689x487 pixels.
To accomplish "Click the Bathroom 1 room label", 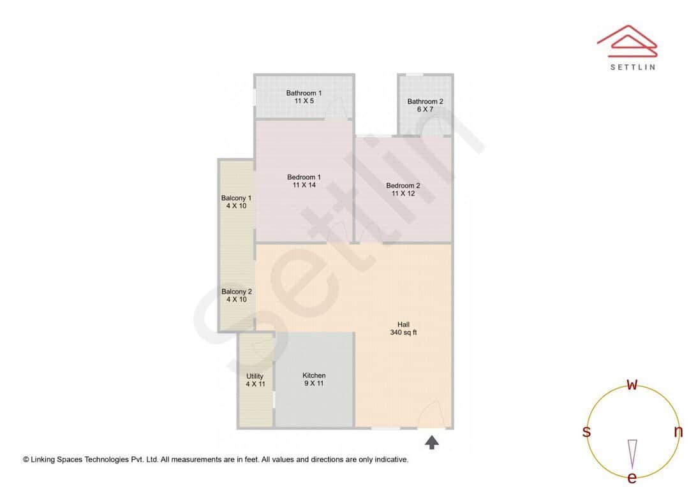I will (x=304, y=97).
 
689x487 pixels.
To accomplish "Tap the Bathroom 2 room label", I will (x=426, y=105).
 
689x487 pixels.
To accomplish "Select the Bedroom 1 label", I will (x=304, y=181).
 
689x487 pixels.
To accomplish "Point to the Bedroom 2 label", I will (x=403, y=189).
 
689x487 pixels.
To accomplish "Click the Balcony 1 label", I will (x=236, y=202).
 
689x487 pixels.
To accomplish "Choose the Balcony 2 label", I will (x=237, y=295).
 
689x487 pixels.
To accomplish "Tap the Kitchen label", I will (x=314, y=379).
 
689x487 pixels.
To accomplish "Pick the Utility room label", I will (x=255, y=380).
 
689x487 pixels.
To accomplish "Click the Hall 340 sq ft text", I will (x=403, y=328).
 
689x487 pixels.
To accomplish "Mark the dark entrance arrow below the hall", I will (x=432, y=442).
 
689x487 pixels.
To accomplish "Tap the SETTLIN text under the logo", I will (x=632, y=67).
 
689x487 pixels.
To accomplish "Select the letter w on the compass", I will (x=632, y=384).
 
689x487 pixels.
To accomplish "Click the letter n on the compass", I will (x=678, y=432).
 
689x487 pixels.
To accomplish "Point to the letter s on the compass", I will (x=586, y=432).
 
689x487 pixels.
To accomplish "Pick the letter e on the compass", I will (x=632, y=477).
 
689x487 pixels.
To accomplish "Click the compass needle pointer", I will (x=632, y=452).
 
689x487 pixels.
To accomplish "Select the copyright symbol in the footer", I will (x=26, y=459).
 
